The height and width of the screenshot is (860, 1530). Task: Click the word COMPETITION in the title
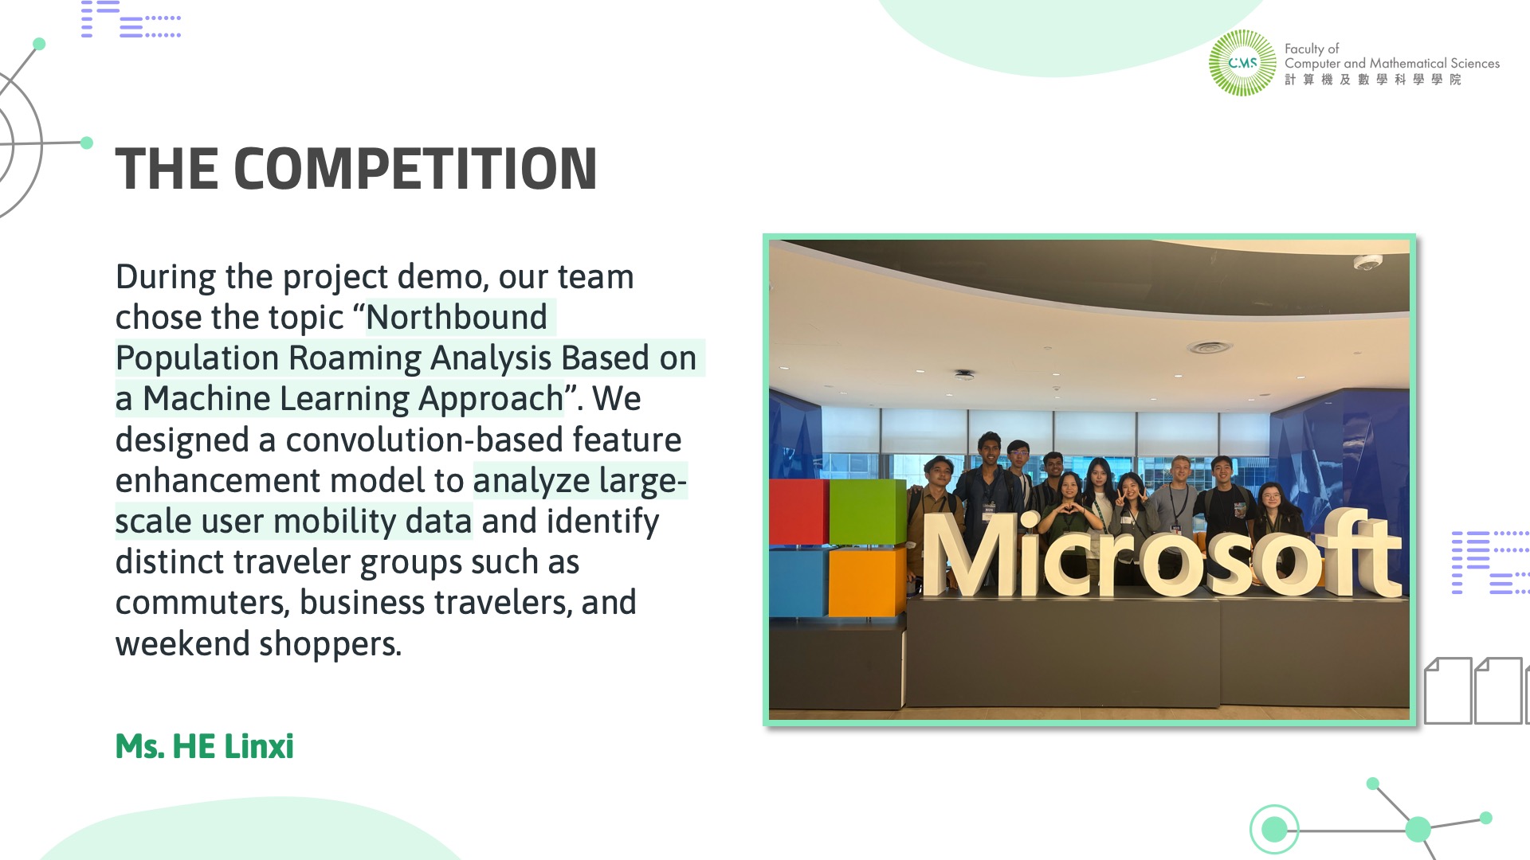[x=415, y=169]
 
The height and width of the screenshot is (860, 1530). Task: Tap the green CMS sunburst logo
[x=1242, y=63]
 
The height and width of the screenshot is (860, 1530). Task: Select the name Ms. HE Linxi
[x=205, y=747]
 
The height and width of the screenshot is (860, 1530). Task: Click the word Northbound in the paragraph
[x=457, y=317]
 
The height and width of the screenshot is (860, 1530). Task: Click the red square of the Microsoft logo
[x=798, y=511]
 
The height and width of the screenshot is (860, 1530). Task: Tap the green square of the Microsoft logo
[x=867, y=511]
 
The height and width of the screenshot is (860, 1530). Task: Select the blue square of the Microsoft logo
[x=798, y=583]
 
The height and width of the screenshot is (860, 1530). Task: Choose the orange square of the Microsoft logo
[x=867, y=583]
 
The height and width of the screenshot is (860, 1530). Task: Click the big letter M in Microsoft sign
[x=970, y=555]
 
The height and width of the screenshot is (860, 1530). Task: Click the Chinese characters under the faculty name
[x=1372, y=80]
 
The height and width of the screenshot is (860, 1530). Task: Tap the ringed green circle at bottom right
[x=1274, y=829]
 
